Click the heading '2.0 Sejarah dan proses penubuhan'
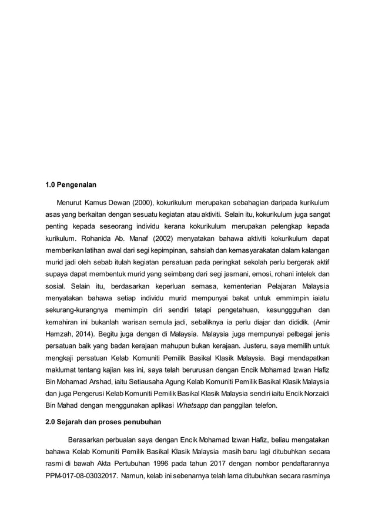coord(100,421)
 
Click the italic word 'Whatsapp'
coord(192,405)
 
